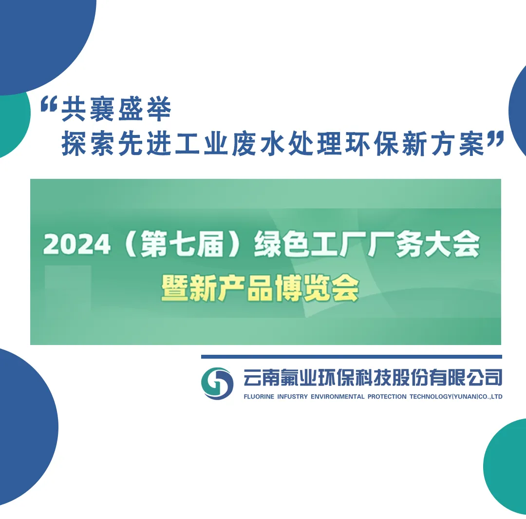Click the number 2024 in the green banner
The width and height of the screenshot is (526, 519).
pyautogui.click(x=77, y=244)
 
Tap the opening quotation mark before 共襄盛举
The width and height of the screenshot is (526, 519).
pyautogui.click(x=49, y=104)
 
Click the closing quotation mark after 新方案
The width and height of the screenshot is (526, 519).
pyautogui.click(x=495, y=139)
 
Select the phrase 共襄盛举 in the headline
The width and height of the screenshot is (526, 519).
pyautogui.click(x=116, y=109)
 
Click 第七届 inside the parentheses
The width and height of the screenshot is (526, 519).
pyautogui.click(x=183, y=244)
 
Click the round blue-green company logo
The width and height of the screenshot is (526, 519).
pyautogui.click(x=217, y=384)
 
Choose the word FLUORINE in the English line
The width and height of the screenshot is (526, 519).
pyautogui.click(x=259, y=397)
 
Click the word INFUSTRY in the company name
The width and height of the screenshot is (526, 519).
pyautogui.click(x=292, y=397)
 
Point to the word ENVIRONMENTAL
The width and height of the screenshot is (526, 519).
pyautogui.click(x=338, y=397)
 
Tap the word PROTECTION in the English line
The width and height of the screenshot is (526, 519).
pyautogui.click(x=387, y=397)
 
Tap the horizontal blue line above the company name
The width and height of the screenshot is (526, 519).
pyautogui.click(x=352, y=357)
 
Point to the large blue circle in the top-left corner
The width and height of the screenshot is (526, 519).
pyautogui.click(x=44, y=40)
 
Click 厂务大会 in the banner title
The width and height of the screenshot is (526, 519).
pyautogui.click(x=423, y=244)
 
